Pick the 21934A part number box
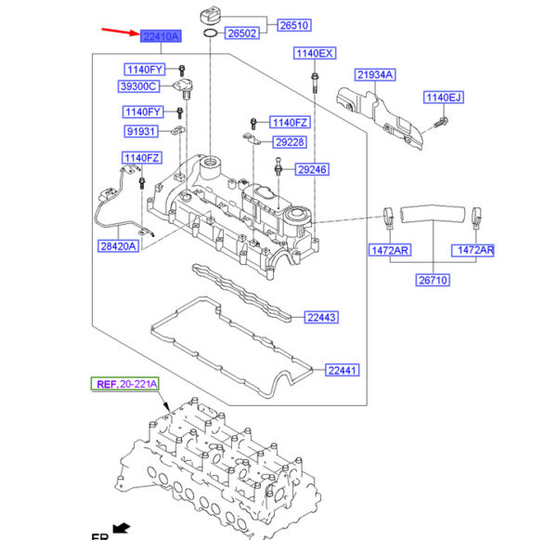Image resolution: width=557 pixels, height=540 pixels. [x=374, y=74]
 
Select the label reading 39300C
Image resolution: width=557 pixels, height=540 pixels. [x=139, y=86]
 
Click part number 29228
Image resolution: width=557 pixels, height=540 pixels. [x=289, y=142]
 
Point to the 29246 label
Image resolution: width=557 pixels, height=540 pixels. [x=312, y=170]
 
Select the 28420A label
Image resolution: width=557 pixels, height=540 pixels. [x=119, y=246]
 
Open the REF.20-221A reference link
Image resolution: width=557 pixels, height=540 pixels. [x=124, y=384]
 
